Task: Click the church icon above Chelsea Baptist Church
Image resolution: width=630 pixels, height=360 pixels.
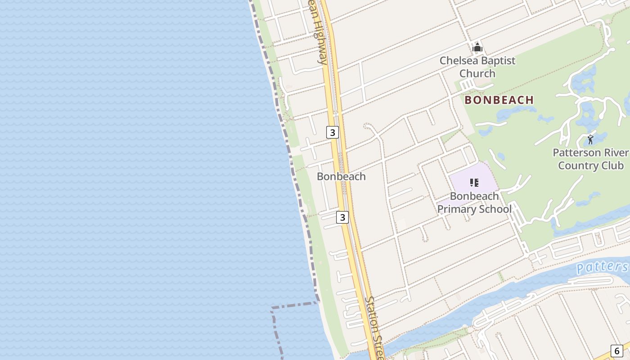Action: click(477, 47)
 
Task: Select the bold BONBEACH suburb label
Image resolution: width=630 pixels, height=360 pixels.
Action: click(499, 100)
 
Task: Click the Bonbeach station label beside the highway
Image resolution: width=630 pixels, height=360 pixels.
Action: click(341, 176)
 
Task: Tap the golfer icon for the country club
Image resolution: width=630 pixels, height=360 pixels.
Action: click(590, 139)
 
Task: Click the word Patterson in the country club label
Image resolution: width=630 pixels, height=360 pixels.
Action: click(577, 153)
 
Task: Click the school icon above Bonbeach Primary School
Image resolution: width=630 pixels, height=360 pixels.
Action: click(474, 182)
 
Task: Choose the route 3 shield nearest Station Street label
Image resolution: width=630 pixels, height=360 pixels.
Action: click(342, 217)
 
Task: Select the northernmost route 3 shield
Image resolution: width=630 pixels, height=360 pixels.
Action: click(332, 132)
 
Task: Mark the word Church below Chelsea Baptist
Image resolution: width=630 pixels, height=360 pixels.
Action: click(477, 74)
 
